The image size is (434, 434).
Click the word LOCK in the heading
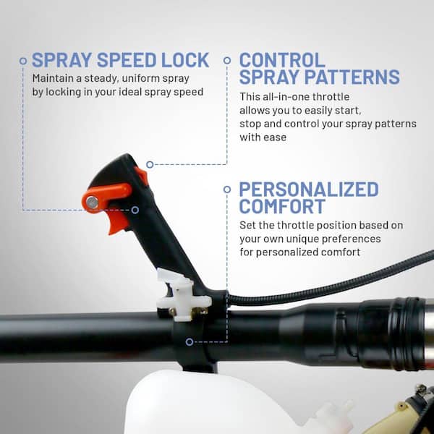(x=185, y=60)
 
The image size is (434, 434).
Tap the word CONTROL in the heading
(x=282, y=60)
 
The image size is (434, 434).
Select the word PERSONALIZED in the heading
(x=309, y=190)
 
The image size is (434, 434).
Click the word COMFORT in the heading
(x=282, y=206)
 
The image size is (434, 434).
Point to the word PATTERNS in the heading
(x=352, y=77)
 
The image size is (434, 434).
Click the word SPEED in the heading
(x=127, y=60)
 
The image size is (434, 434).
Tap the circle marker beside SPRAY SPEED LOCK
(x=23, y=61)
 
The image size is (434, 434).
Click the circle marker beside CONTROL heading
(x=227, y=60)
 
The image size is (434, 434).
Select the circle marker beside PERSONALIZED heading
(x=227, y=190)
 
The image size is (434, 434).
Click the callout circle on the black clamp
(x=190, y=342)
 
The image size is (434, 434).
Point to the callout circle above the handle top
(x=150, y=165)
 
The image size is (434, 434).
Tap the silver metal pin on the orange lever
(x=92, y=203)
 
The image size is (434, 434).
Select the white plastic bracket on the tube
(x=184, y=295)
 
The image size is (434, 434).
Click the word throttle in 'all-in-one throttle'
(x=331, y=97)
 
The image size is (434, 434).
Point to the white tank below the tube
(x=210, y=404)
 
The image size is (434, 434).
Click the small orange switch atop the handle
(x=142, y=176)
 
